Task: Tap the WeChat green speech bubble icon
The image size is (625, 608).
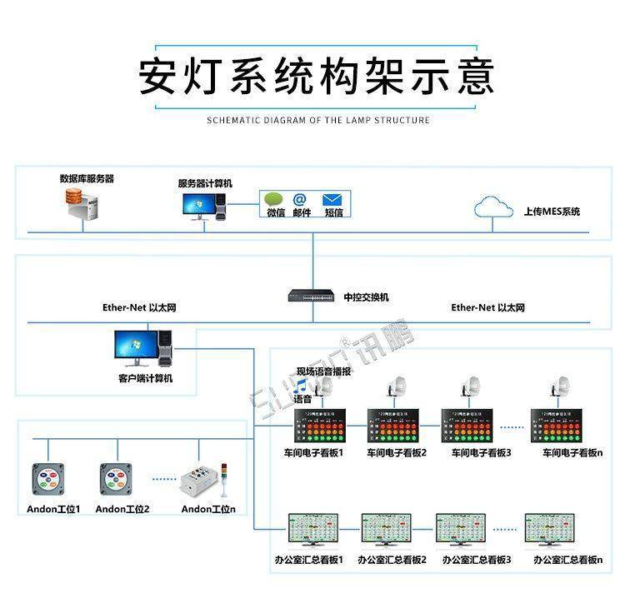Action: point(274,200)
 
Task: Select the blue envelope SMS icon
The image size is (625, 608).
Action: point(333,200)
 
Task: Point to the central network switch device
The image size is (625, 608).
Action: point(312,295)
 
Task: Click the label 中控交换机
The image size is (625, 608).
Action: point(366,297)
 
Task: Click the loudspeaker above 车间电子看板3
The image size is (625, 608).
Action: point(471,388)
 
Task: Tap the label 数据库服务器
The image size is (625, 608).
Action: point(87,178)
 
